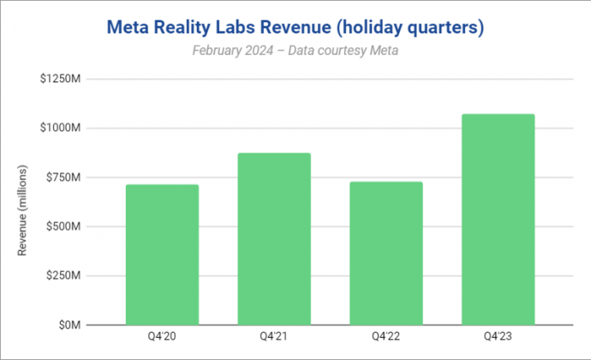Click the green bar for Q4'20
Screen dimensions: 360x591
click(162, 255)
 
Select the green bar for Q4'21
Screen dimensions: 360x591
click(273, 239)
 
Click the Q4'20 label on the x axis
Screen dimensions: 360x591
click(162, 337)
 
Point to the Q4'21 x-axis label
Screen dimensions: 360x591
click(273, 337)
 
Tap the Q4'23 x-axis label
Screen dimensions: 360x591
click(497, 337)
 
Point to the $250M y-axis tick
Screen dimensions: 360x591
click(62, 276)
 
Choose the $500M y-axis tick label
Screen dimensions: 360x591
click(62, 227)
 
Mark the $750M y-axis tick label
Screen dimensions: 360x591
click(62, 177)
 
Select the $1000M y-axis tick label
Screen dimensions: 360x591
click(59, 128)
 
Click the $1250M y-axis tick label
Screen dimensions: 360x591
click(59, 79)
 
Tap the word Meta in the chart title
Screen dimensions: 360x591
click(128, 28)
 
